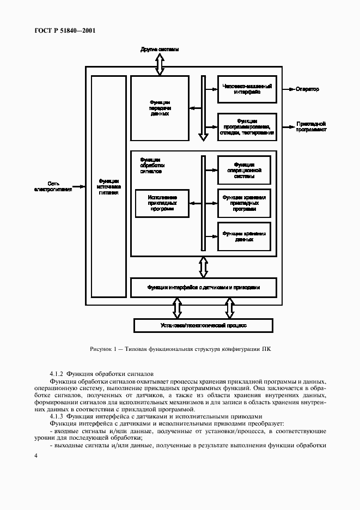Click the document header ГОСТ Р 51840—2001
tap(62, 31)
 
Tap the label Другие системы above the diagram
tap(159, 50)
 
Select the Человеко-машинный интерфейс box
tap(244, 89)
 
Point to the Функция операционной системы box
tap(244, 169)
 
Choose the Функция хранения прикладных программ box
tap(244, 203)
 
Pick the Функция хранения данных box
tap(244, 236)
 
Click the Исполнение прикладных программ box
tap(162, 203)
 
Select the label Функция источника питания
tap(109, 186)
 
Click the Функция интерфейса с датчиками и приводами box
tap(203, 287)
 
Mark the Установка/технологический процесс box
tap(203, 325)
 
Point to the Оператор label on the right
tap(308, 89)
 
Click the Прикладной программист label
tap(311, 127)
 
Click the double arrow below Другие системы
tap(160, 64)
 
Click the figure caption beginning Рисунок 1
tap(180, 349)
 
